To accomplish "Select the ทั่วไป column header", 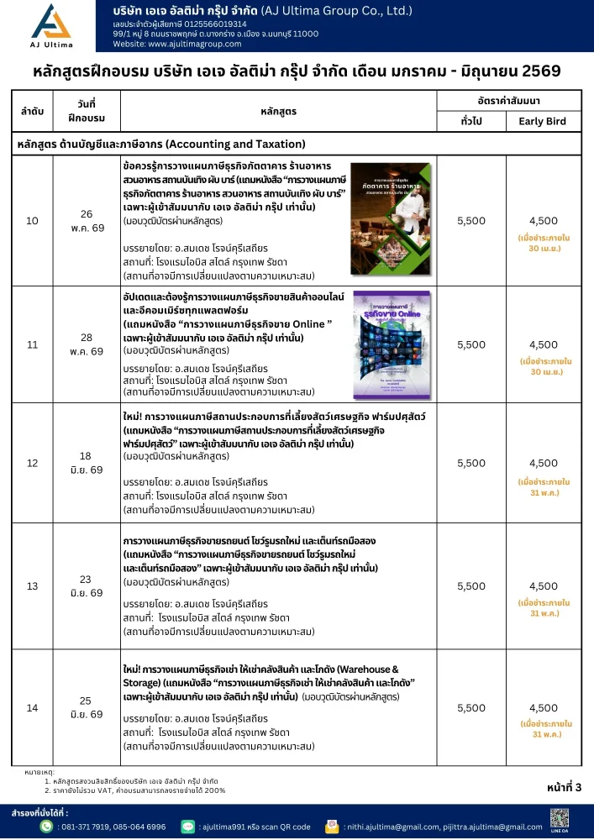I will point(471,121).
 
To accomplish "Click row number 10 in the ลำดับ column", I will point(33,221).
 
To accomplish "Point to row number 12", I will point(33,463).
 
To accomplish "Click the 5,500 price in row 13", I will point(471,586).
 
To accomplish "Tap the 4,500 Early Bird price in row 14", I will point(544,707).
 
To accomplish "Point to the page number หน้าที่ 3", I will point(563,786).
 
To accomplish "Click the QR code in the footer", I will point(560,817).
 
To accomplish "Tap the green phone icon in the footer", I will point(47,826).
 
